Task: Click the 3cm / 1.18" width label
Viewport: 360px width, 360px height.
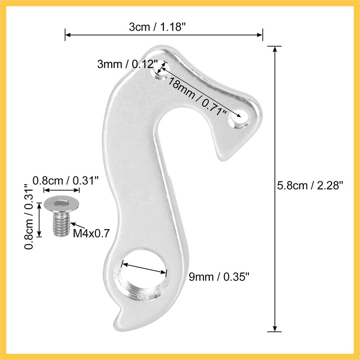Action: [x=164, y=27]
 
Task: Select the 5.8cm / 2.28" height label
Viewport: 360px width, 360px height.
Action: [x=310, y=185]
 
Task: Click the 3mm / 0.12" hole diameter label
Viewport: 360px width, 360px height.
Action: [x=127, y=64]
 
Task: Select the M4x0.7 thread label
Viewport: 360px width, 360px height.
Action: [x=91, y=233]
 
